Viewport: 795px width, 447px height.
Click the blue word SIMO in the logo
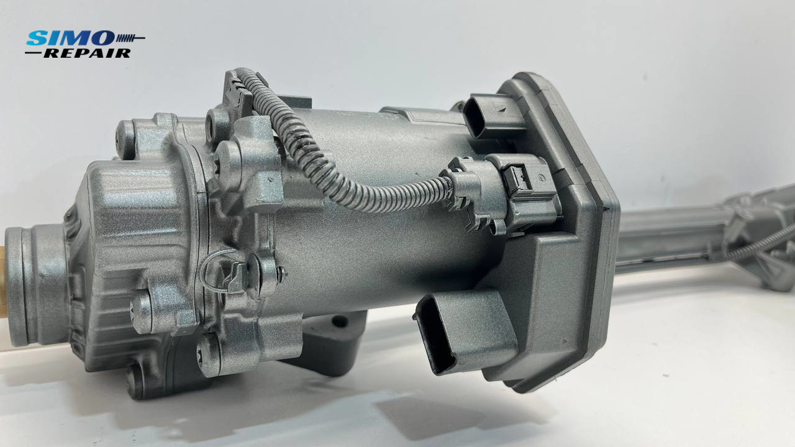(x=70, y=38)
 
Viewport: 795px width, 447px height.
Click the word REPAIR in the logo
(x=88, y=53)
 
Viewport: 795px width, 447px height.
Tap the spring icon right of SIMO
(x=130, y=38)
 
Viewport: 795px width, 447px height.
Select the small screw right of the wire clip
(x=282, y=274)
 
